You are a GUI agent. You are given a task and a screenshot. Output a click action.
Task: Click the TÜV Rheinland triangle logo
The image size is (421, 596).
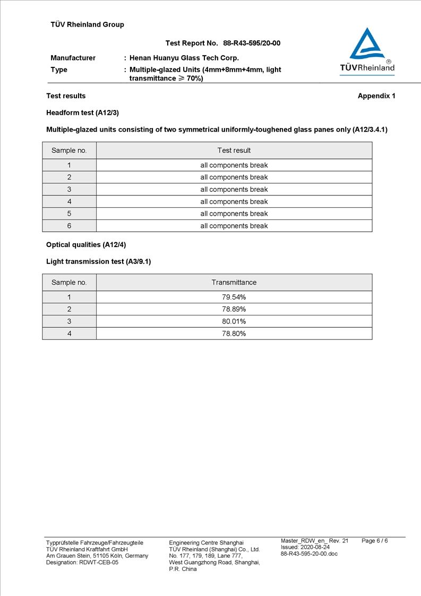[367, 45]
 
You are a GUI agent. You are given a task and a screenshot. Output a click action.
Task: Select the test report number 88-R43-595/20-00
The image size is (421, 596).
[252, 43]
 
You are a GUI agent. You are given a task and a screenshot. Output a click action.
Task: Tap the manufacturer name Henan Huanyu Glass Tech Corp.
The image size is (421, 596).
[184, 58]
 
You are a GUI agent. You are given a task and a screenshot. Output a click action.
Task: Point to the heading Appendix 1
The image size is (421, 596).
[376, 96]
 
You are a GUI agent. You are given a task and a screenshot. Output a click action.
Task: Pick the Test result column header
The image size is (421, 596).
[234, 150]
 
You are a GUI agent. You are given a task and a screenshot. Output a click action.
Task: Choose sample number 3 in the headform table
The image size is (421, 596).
[69, 190]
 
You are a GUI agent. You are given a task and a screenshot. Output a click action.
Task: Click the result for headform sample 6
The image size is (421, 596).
[234, 226]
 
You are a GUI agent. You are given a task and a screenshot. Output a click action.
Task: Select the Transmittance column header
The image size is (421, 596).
[234, 282]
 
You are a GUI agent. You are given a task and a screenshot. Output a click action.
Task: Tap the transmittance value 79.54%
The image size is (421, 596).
[234, 297]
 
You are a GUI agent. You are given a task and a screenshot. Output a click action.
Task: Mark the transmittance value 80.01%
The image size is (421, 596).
[234, 321]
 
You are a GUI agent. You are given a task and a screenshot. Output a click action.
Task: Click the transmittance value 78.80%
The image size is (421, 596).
[234, 334]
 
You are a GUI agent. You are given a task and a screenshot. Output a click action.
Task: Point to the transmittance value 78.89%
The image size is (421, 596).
[234, 309]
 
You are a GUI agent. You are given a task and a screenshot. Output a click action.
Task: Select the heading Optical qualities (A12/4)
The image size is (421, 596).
[86, 244]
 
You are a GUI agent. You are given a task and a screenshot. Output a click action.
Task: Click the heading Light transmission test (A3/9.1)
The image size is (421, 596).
[98, 261]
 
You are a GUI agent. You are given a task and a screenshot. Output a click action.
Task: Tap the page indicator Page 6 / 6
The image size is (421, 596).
[374, 541]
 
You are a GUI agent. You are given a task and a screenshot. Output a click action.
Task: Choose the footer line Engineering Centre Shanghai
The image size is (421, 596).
[206, 542]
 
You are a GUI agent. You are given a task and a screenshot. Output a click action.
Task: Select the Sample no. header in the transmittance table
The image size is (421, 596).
[69, 282]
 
